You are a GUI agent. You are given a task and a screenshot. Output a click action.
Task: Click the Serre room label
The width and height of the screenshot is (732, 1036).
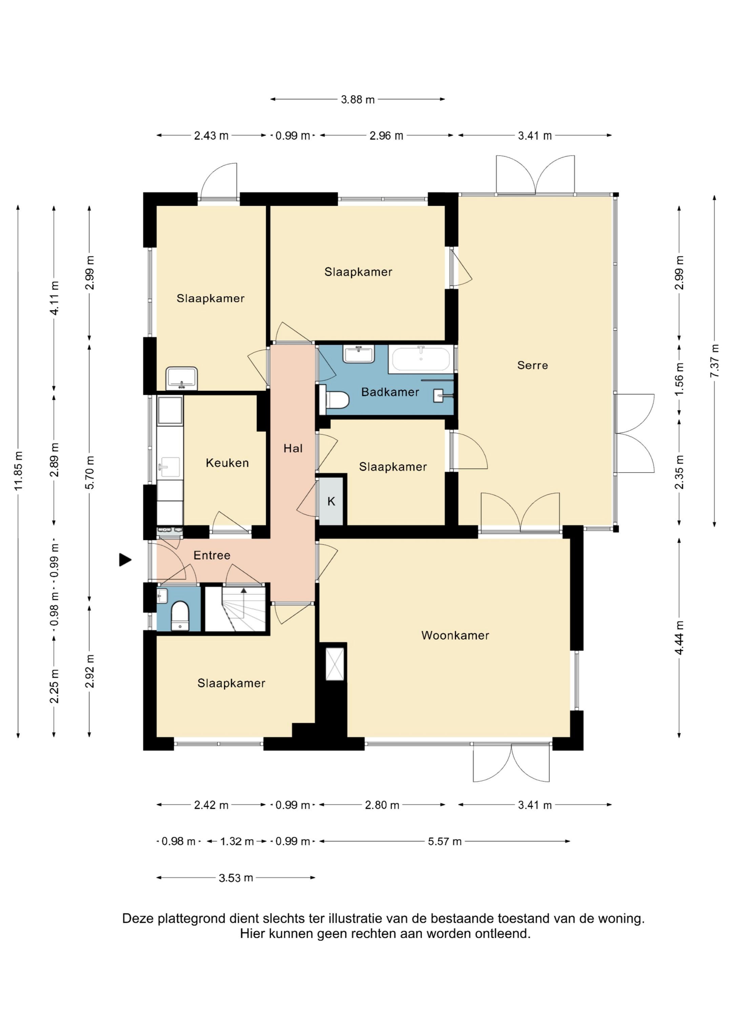tap(533, 366)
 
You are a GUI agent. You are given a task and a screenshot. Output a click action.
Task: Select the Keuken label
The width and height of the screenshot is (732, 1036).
tap(227, 463)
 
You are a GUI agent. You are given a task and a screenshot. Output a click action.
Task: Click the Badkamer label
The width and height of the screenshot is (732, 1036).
tap(390, 392)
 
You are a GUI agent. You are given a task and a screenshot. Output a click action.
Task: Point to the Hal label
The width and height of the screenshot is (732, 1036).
tap(293, 449)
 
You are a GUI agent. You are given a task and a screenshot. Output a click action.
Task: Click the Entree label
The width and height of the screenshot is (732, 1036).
tap(212, 555)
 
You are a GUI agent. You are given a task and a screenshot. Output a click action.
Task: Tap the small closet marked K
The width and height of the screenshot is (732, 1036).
tap(331, 501)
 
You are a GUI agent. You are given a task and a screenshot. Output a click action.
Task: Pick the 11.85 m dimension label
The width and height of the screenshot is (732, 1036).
tap(18, 471)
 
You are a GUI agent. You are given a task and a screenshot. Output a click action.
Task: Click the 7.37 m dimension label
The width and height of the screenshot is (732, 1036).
tap(714, 361)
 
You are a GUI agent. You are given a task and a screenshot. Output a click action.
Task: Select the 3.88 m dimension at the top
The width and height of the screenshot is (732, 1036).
tap(358, 99)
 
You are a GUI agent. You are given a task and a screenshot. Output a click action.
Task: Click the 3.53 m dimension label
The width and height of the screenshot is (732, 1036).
tap(236, 878)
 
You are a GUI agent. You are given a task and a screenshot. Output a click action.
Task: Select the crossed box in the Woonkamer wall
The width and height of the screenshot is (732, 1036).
tap(335, 664)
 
